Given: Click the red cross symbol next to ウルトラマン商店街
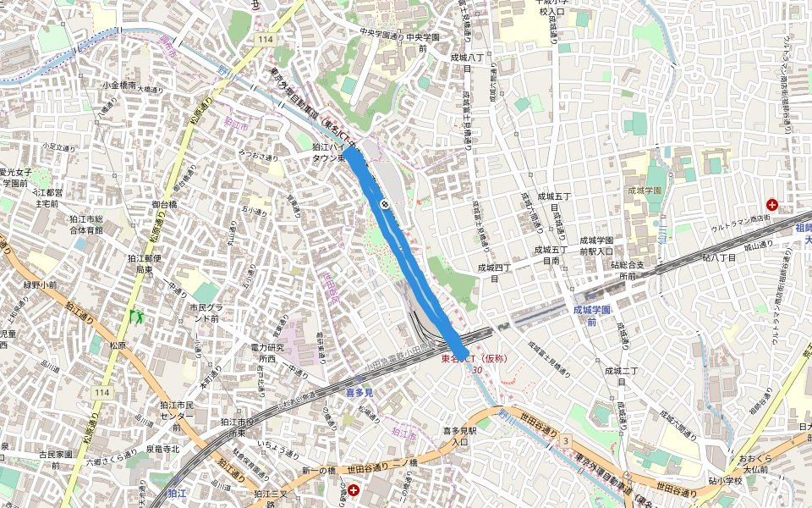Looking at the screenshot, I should tap(771, 205).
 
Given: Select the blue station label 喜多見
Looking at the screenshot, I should tap(359, 393).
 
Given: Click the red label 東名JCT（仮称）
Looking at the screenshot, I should tap(479, 359).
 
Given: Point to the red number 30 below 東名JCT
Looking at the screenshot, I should tap(477, 370).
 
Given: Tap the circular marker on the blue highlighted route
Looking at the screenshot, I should tap(385, 203).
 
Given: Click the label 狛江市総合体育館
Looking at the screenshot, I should tap(86, 224).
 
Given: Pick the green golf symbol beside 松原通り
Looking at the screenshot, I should tap(135, 317).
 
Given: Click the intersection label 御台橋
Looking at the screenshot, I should tap(164, 204).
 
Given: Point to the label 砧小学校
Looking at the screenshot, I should tap(726, 481).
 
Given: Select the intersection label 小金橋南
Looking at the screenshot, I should tap(119, 85).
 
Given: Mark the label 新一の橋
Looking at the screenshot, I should tap(319, 470).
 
